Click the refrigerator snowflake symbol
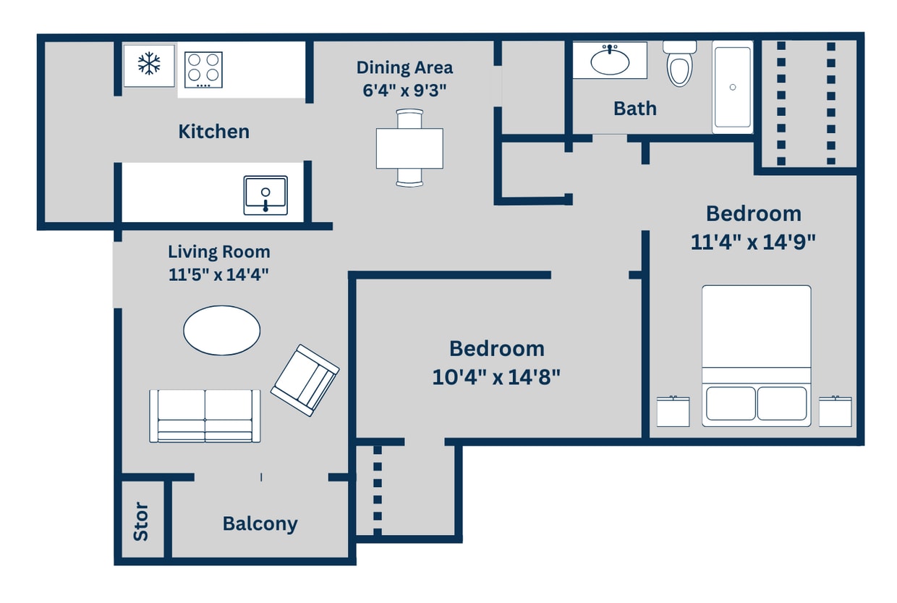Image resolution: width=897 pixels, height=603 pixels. pos(149,64)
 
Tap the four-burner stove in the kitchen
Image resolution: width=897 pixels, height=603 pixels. pos(203,69)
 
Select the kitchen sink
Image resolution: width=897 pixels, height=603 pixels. pos(265,195)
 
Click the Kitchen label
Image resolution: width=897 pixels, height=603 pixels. pos(213,132)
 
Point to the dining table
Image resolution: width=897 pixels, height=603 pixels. pos(409,148)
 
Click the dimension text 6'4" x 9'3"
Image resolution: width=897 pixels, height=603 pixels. pos(404,90)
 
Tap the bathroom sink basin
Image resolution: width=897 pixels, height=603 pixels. pos(610,62)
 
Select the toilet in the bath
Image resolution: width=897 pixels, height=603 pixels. pos(679,65)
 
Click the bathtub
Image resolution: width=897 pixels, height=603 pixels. pos(733,87)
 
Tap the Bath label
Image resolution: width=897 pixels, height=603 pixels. pos(635,109)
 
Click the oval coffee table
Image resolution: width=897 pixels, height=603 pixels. pos(221,330)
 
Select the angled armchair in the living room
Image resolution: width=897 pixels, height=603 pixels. pos(305,380)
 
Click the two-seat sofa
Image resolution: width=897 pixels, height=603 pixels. pos(205,416)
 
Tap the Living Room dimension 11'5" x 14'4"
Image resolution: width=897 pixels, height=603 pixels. pos(218,274)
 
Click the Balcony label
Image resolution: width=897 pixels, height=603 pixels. pos(260,523)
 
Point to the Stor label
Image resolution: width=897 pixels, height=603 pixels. pos(141,522)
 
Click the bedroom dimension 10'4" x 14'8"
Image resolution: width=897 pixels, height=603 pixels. pos(496,377)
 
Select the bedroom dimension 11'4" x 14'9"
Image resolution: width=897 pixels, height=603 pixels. pos(753,242)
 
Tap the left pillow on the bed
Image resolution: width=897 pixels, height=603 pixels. pos(730,403)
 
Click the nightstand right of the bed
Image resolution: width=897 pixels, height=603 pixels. pos(836,411)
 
